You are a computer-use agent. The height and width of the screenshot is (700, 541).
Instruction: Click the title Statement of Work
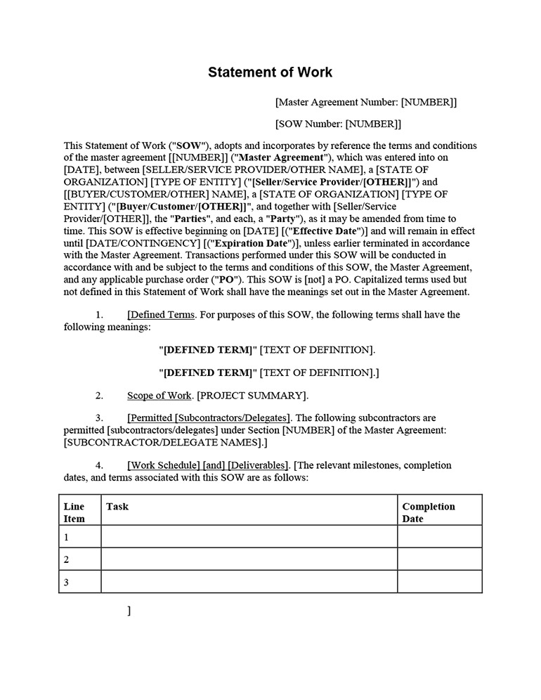coord(270,72)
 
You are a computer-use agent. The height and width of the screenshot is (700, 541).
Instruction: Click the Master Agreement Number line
coord(366,102)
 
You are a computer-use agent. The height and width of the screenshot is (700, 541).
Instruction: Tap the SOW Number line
coord(338,124)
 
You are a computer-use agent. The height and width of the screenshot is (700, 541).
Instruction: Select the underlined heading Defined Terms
coord(162,315)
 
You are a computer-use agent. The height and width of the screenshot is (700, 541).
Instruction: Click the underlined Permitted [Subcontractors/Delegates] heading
coord(209,418)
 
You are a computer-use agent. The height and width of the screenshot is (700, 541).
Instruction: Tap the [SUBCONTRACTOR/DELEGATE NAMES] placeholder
coord(165,443)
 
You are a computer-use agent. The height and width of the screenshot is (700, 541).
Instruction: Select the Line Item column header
coord(74,512)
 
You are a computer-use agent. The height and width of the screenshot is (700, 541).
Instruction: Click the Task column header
coord(117,506)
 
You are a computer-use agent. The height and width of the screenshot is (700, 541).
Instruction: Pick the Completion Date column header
coord(428,512)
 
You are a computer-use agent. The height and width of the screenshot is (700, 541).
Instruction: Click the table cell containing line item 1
coord(79,537)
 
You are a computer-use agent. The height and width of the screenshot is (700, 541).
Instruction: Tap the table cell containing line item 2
coord(79,559)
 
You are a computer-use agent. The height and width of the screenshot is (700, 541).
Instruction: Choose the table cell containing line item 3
coord(79,582)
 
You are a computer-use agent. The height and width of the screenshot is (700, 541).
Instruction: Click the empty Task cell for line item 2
coord(249,559)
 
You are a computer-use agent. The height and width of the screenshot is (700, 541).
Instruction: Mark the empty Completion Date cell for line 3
coord(439,582)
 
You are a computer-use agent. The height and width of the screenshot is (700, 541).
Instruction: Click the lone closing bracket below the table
coord(129,611)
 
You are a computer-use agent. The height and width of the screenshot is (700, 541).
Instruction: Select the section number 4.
coord(100,465)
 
